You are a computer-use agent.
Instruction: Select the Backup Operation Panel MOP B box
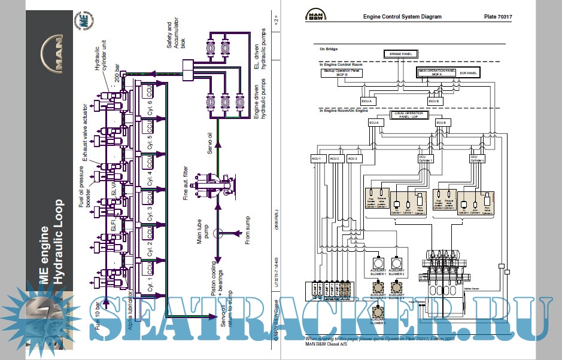point(342,72)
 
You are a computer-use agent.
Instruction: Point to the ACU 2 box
point(335,158)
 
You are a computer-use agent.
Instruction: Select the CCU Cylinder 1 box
point(425,158)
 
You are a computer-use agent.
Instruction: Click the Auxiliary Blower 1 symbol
point(378,263)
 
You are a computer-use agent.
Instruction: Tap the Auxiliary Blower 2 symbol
point(396,263)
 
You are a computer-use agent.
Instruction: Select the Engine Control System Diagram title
point(402,17)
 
